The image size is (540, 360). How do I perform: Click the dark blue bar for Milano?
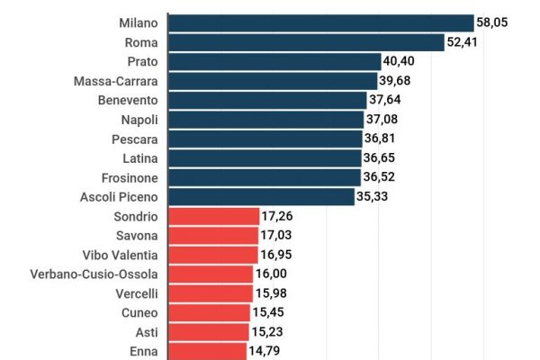(320, 22)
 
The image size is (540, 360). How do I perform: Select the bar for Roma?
(306, 42)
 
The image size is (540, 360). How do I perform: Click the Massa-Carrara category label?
(117, 81)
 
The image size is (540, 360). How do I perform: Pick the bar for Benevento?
(267, 100)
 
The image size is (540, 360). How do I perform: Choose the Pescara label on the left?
(133, 139)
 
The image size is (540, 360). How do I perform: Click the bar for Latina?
(265, 158)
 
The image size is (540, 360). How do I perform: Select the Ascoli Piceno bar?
(261, 197)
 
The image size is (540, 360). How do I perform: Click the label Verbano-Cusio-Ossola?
(94, 274)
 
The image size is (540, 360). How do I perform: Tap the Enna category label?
(145, 352)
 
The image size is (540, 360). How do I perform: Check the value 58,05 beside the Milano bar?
(493, 22)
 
